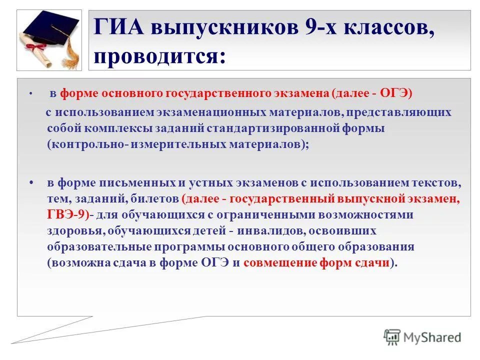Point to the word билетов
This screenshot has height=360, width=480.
[x=155, y=199]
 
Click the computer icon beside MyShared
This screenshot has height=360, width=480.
[x=393, y=336]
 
